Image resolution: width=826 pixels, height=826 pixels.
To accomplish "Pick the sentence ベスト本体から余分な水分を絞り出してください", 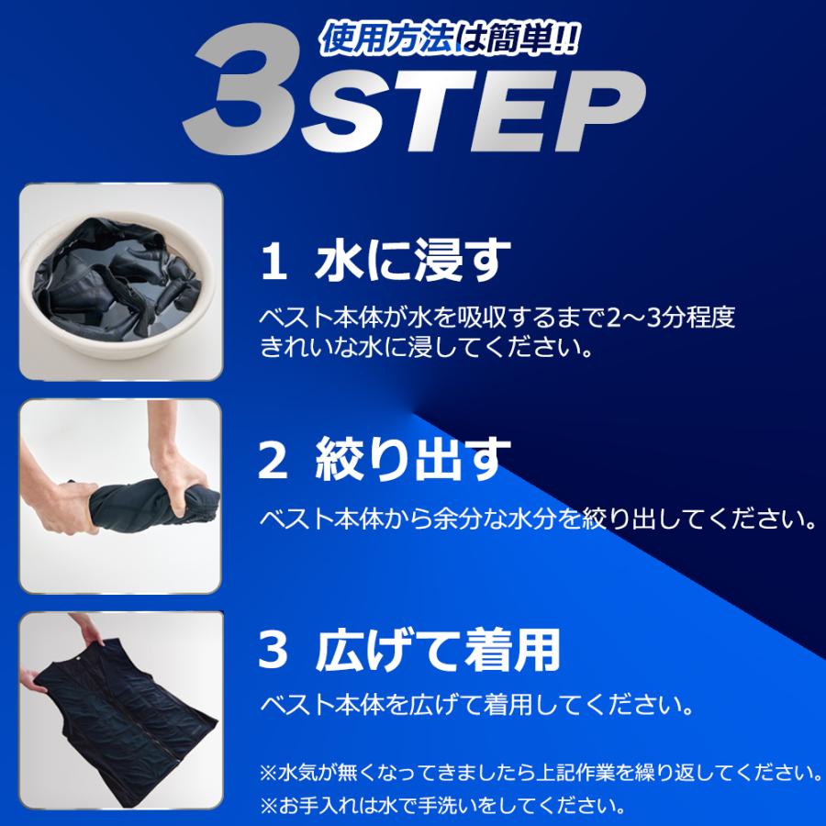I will pos(538,519).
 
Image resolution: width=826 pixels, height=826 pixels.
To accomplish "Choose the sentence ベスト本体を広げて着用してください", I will pos(477,706).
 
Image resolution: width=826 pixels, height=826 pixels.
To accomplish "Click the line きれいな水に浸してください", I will pos(425,349).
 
